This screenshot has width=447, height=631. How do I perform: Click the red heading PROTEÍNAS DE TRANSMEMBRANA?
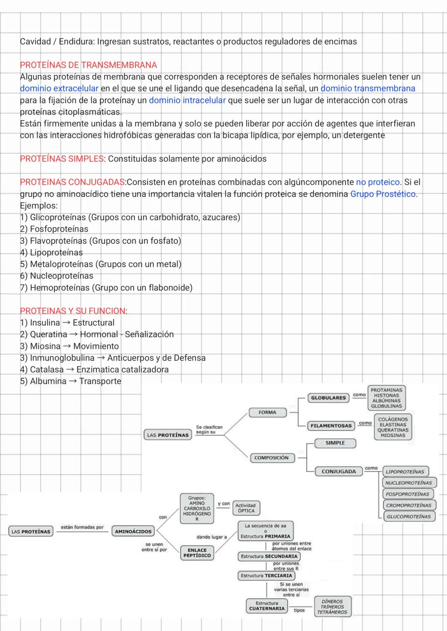point(88,65)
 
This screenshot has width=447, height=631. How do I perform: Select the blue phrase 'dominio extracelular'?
point(59,88)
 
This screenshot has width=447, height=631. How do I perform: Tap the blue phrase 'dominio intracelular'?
point(187,100)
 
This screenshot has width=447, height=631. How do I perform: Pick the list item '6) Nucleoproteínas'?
point(57,276)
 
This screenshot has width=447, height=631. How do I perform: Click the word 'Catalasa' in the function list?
point(47,369)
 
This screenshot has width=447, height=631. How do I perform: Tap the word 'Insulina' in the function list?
point(45,323)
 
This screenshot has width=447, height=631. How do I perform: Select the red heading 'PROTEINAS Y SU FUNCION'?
point(73,311)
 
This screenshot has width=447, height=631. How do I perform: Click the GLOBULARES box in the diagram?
point(328,398)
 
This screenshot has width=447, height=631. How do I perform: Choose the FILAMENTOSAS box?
point(331,425)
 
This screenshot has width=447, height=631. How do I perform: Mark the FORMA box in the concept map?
point(267,412)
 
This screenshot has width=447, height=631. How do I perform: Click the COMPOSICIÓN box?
point(272,458)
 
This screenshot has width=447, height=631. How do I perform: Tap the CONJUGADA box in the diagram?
point(339,471)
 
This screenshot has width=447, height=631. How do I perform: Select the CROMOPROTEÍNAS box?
point(408,505)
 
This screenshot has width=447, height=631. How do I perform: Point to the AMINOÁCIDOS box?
point(133,531)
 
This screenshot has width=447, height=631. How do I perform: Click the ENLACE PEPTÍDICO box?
point(197,553)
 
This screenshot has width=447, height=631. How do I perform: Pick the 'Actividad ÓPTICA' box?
point(245,508)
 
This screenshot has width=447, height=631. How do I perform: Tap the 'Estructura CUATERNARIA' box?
point(267,606)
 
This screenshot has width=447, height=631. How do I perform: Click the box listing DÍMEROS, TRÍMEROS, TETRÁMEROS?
point(332,607)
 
